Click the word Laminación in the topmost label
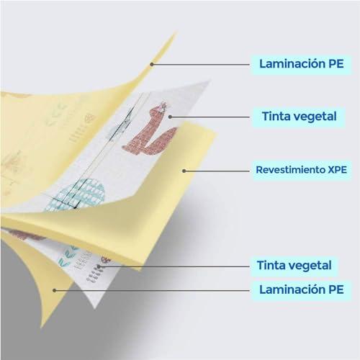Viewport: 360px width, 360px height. coord(290,63)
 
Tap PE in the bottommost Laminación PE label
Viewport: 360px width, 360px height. coord(336,289)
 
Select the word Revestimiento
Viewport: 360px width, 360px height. coord(290,170)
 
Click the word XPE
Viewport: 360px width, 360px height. coord(337,170)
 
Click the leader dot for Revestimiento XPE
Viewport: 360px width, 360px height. coord(184,171)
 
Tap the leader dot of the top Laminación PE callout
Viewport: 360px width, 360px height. coord(152,64)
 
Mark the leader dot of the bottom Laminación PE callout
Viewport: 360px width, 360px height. coord(55,290)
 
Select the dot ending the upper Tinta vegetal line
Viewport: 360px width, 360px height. coord(170,117)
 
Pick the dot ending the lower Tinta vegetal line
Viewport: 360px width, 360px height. coord(99,266)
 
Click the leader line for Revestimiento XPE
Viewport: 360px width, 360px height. coord(217,171)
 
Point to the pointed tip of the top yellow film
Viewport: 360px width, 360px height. coord(176,33)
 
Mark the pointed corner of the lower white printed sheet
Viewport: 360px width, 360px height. coord(95,307)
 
